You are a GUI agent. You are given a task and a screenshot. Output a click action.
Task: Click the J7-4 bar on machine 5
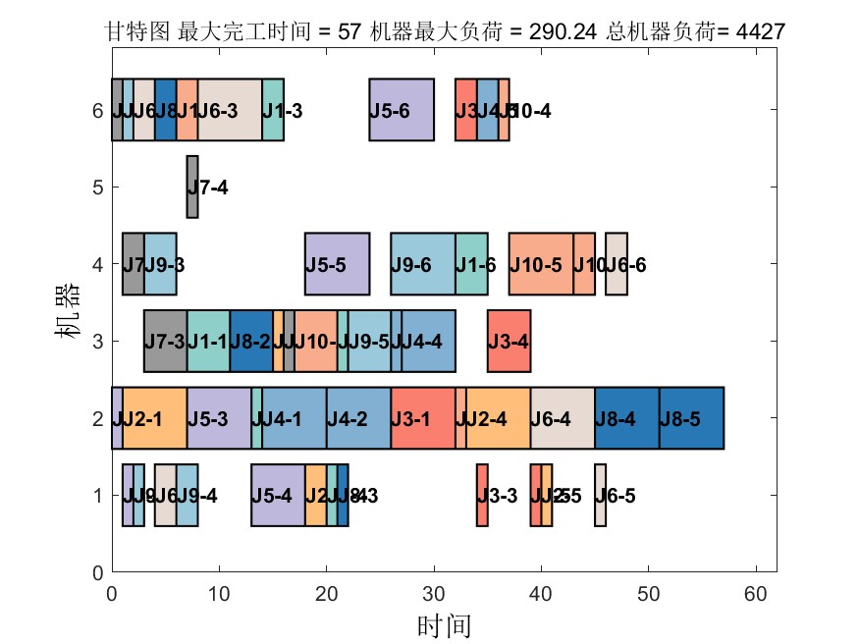coord(192,187)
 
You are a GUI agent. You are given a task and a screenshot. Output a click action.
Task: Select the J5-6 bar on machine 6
coord(402,110)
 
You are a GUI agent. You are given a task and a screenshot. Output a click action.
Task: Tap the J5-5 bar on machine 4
coord(337,263)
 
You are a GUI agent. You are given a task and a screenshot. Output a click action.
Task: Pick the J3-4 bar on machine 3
coord(509,341)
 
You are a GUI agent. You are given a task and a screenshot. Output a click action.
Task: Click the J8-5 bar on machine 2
coord(691,418)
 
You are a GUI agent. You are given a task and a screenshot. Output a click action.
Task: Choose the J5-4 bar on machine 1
coord(278,495)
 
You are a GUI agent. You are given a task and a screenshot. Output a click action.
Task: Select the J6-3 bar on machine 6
coord(230,110)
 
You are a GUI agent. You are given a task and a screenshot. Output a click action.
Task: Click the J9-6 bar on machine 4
coord(422,263)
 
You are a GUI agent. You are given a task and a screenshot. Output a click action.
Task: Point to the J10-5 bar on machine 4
coord(540,263)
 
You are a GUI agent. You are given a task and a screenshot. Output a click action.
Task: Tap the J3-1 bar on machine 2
coord(422,418)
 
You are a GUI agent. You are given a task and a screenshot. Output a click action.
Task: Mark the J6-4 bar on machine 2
coord(563,418)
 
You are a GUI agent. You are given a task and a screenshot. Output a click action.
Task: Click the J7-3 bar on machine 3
coord(165,341)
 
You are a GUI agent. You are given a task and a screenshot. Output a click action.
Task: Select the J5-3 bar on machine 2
coord(219,418)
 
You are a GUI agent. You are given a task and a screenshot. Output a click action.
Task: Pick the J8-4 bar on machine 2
coord(626,418)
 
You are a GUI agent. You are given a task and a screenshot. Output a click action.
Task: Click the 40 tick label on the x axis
coord(541,593)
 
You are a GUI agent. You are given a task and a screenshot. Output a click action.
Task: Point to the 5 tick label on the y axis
coord(97,187)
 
